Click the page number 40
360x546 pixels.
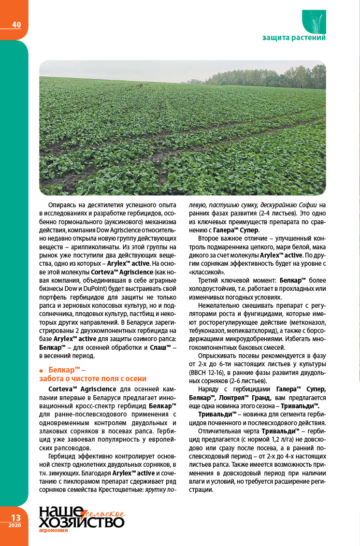pos(16,25)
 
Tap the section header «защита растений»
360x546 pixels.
pos(294,38)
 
